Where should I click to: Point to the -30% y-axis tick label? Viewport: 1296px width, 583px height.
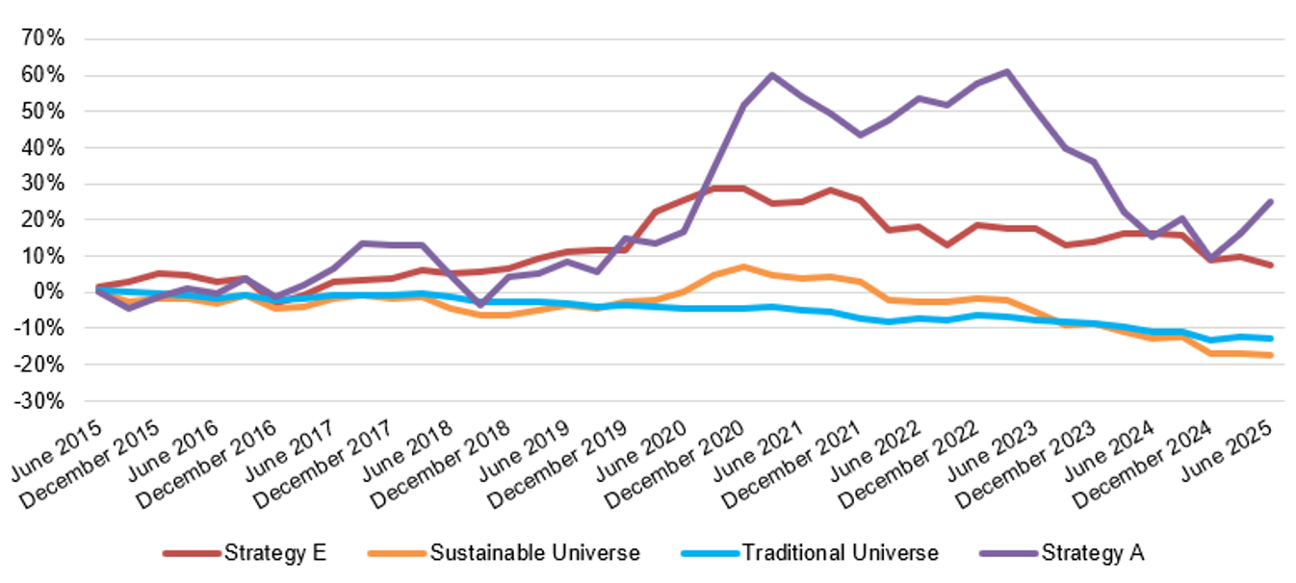(x=39, y=400)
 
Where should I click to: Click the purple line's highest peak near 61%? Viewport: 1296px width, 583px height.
(x=1006, y=71)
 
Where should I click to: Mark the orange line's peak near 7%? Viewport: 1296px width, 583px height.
(x=742, y=266)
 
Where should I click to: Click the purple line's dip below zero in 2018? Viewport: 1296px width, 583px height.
(x=479, y=304)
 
